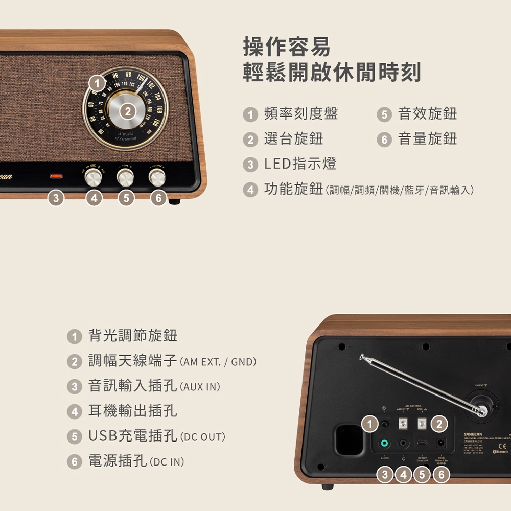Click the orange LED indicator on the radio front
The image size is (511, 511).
click(x=56, y=176)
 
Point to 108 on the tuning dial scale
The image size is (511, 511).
click(x=160, y=110)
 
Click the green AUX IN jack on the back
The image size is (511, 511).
click(x=384, y=444)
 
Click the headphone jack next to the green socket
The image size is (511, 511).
click(x=403, y=444)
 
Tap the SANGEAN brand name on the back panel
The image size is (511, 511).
click(x=473, y=434)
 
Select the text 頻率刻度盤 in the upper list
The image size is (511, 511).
click(x=300, y=114)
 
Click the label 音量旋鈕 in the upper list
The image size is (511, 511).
click(x=427, y=139)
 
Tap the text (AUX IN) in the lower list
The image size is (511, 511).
click(x=200, y=387)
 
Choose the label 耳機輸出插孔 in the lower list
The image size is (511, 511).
click(x=133, y=411)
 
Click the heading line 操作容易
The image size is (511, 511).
click(x=287, y=48)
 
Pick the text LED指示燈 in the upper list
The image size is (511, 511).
click(x=300, y=164)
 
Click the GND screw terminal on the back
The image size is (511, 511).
click(x=422, y=423)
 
